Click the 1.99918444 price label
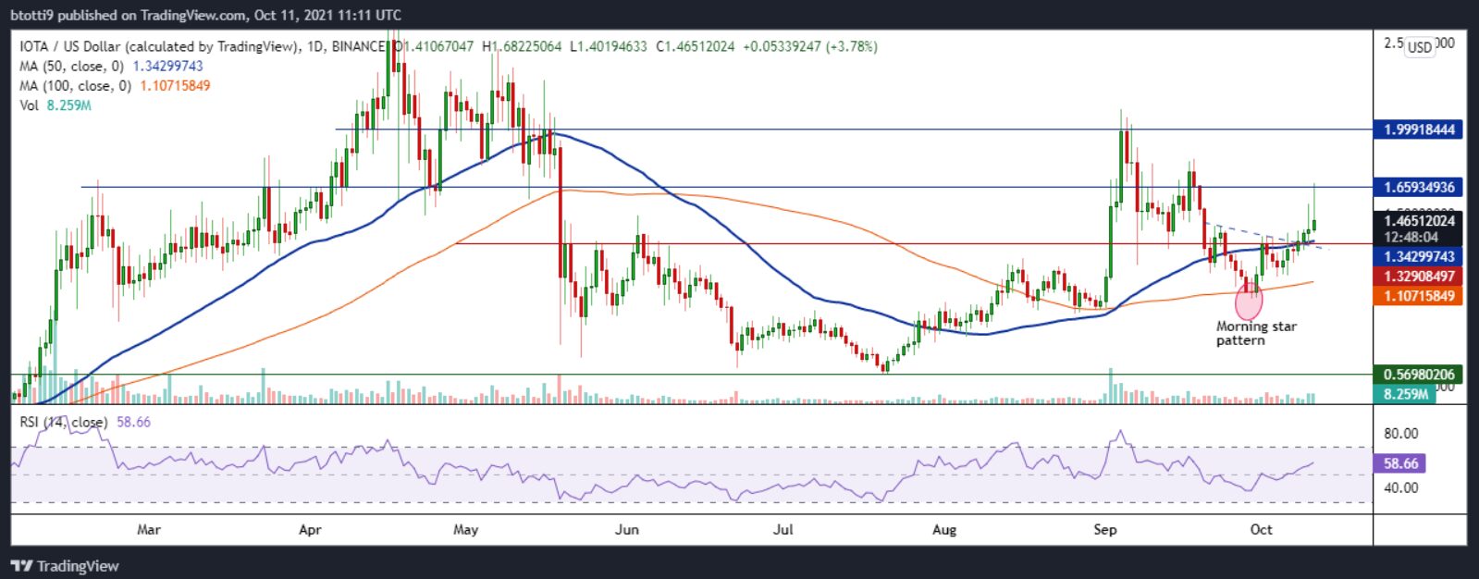[x=1419, y=129]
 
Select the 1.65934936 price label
[x=1419, y=187]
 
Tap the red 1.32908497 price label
[x=1419, y=277]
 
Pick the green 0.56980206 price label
[x=1419, y=375]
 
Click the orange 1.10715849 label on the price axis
[x=1419, y=296]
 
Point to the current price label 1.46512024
[x=1419, y=220]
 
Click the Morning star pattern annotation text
[x=1255, y=333]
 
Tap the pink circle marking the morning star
[x=1249, y=302]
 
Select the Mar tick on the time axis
[x=148, y=529]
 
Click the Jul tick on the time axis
[x=783, y=529]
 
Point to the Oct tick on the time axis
[x=1261, y=529]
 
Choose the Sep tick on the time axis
[x=1104, y=529]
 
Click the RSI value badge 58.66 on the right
[x=1401, y=463]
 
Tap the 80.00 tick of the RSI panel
[x=1401, y=433]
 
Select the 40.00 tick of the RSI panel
[x=1401, y=487]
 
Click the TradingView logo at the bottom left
[x=65, y=566]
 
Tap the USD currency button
[x=1419, y=47]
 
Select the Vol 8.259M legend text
[x=55, y=105]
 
